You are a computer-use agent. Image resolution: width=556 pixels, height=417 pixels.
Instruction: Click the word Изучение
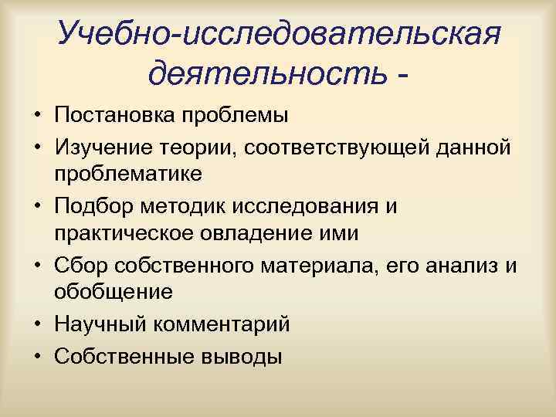(100, 145)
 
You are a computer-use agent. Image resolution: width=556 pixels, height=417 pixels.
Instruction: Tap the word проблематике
(128, 173)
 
